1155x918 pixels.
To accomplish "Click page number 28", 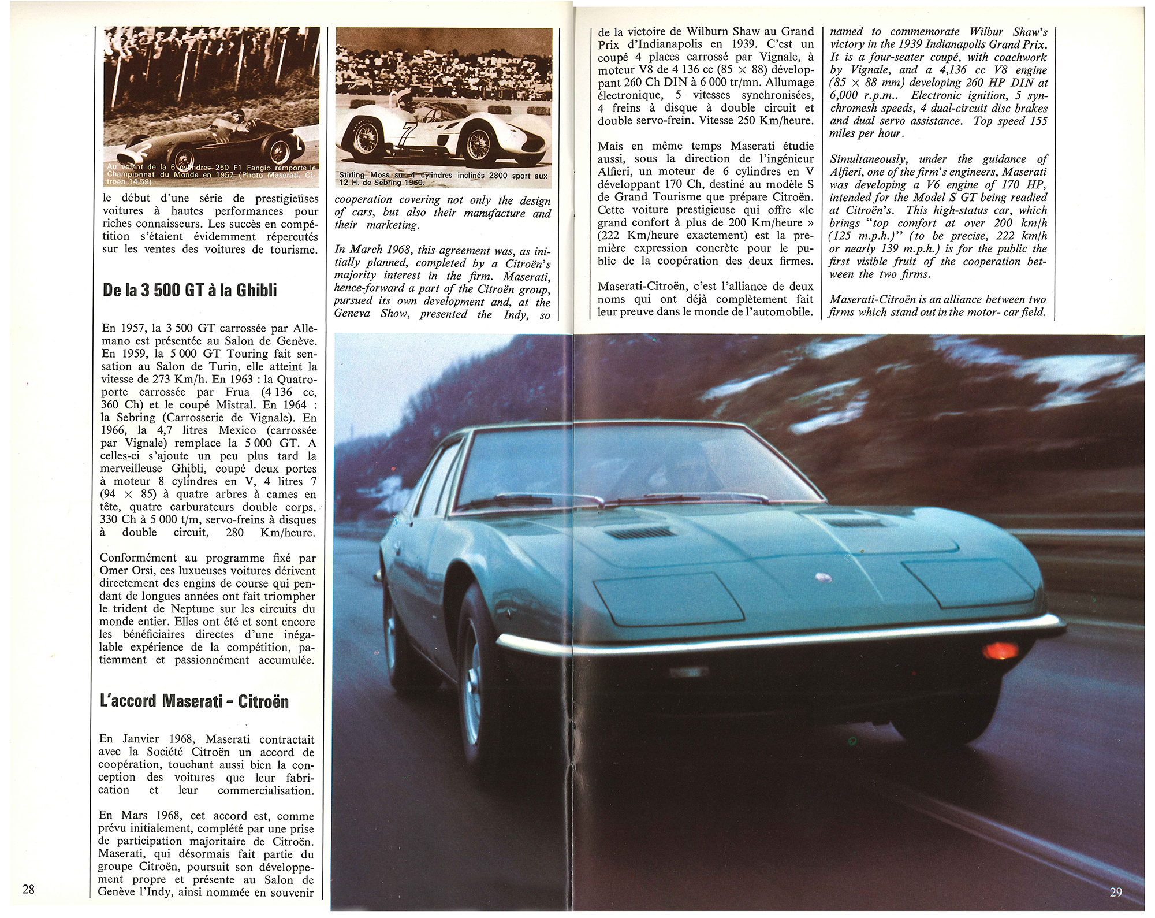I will tap(28, 889).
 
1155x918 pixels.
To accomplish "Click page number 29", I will tap(1116, 892).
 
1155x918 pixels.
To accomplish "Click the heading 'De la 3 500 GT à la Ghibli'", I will tap(190, 289).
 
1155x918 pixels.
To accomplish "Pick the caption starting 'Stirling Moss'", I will tap(443, 179).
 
